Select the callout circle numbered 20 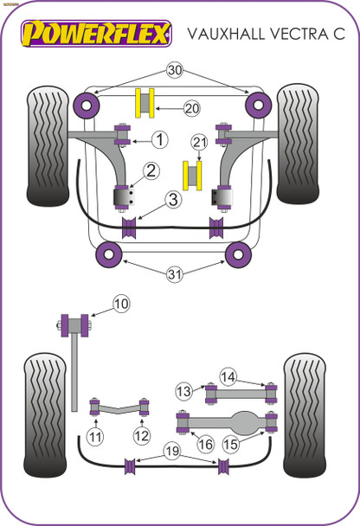tap(191, 108)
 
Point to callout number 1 tap(159, 138)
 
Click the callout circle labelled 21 tap(200, 143)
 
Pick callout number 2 tap(151, 170)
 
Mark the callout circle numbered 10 tap(120, 304)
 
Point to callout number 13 tap(183, 391)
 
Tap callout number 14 tap(228, 376)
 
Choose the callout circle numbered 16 tap(205, 445)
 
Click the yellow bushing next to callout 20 tap(144, 102)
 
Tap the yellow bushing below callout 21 tap(194, 176)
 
